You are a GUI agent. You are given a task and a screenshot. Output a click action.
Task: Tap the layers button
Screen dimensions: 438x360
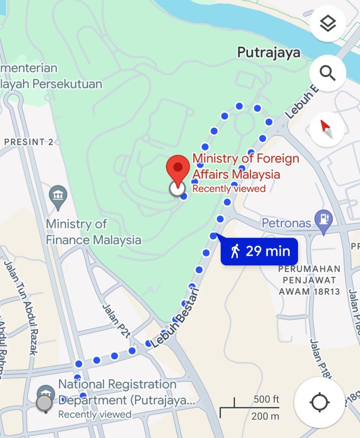point(328,24)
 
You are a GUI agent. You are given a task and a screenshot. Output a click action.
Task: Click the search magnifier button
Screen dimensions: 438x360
point(328,73)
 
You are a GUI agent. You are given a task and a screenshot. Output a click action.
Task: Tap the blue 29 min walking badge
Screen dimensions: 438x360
point(259,251)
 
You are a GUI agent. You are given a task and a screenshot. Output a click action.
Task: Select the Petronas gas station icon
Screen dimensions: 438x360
point(323,219)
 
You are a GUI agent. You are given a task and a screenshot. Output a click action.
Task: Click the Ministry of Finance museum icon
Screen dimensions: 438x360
point(58,195)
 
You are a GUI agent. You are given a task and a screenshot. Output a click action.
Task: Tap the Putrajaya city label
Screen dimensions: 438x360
point(269,53)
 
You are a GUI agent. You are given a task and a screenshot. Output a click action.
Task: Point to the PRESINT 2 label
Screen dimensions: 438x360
point(29,142)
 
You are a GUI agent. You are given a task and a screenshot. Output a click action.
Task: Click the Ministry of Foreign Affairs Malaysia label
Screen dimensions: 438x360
point(245,166)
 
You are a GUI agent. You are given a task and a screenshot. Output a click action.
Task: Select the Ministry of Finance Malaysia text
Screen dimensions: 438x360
point(93,232)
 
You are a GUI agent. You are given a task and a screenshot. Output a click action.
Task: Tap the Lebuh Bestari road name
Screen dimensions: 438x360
point(175,319)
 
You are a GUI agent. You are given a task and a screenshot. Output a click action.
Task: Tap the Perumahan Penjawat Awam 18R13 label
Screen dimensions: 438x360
point(310,280)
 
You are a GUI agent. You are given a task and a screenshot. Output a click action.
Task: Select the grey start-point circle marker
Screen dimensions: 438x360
point(44,403)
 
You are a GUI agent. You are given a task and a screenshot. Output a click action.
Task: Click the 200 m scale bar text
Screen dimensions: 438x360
point(265,416)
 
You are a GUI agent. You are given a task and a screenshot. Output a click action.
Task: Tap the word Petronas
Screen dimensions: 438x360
point(286,223)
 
